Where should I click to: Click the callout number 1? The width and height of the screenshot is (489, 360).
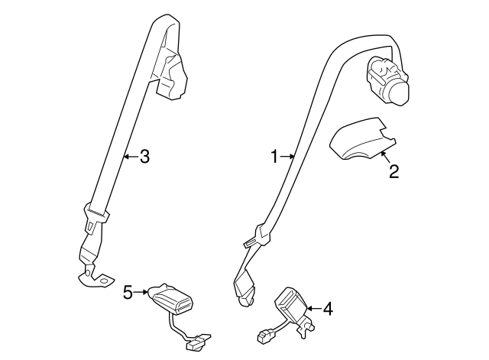pos(274,157)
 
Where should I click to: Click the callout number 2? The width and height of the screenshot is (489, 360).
pos(394,171)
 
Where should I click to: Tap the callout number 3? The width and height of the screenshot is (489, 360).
pos(144,156)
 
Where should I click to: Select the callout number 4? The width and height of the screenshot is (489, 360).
pos(328,309)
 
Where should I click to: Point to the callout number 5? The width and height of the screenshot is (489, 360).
pos(128,292)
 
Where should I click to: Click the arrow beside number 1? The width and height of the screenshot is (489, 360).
pos(287,156)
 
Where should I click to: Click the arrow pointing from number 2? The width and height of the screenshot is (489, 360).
pos(386,157)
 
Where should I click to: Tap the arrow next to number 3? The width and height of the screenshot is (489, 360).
pos(131,156)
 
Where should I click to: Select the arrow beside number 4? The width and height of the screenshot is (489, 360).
pos(314,309)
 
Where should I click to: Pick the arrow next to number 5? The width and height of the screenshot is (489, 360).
pos(141,292)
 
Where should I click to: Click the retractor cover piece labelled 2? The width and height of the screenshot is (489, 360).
pos(361,139)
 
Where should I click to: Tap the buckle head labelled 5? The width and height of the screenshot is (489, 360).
pos(170,300)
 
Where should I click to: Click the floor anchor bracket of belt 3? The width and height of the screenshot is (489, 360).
pos(95,275)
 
